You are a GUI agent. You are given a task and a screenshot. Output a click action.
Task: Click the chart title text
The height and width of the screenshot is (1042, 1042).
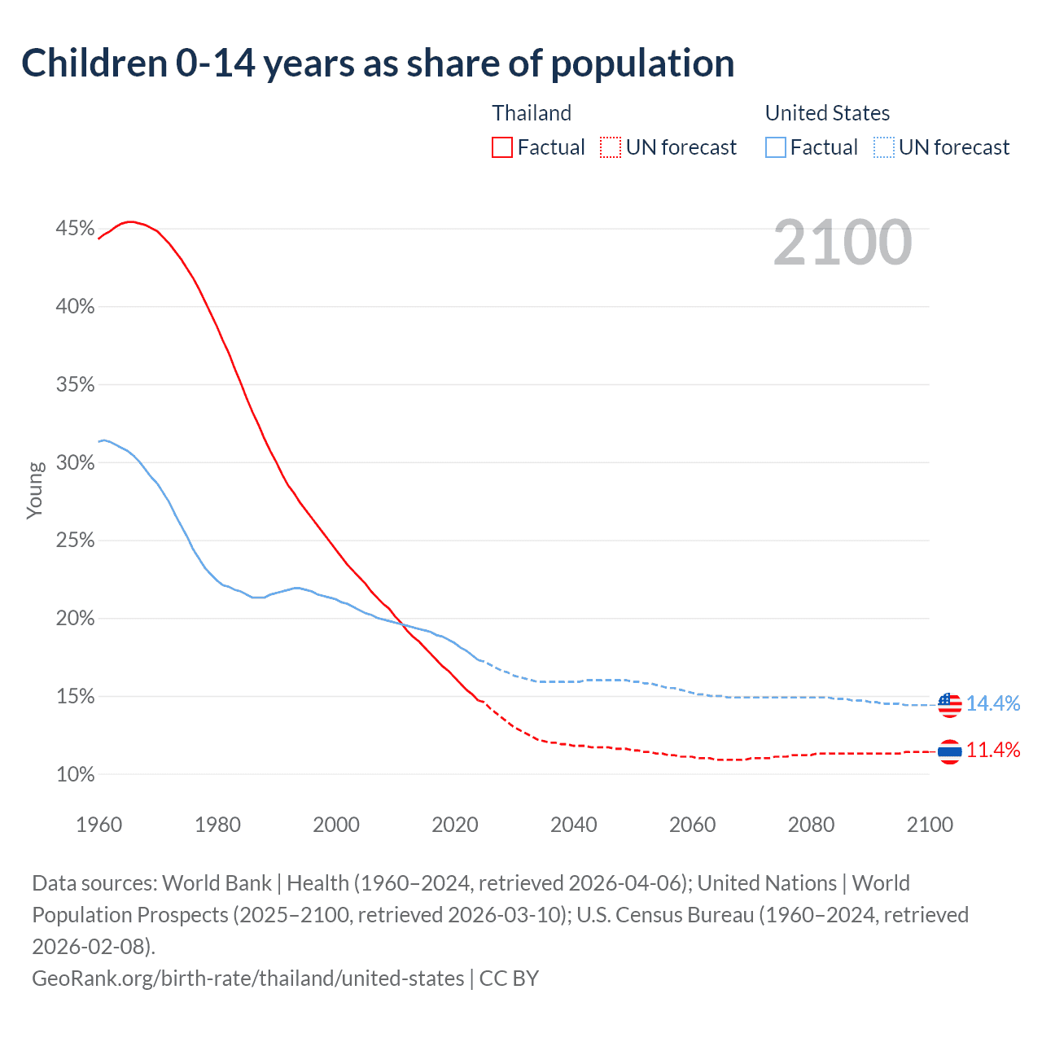378,63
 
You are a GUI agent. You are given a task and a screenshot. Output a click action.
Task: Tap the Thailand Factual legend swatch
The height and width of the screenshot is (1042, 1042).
502,147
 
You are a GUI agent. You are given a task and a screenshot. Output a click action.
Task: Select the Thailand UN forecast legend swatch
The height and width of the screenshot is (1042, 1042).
610,147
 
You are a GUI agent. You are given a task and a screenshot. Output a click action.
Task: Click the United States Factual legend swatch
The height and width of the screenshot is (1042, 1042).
776,147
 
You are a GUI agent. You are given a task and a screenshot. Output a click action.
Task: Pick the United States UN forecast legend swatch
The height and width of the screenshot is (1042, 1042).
883,147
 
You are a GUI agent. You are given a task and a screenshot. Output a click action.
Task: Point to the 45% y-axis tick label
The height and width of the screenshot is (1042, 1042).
75,229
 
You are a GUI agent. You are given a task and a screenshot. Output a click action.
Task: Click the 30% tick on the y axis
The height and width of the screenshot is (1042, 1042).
75,462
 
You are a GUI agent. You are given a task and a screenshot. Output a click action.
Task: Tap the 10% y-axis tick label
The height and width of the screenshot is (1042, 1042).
75,774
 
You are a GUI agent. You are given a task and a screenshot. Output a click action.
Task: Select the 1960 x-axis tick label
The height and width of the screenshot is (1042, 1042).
99,825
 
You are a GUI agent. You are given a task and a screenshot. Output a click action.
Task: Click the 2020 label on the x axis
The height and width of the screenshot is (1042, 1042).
455,825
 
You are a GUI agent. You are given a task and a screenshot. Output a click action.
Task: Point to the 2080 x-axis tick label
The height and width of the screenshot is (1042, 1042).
811,825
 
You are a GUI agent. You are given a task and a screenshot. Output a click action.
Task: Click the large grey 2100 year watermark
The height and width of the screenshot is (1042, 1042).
842,243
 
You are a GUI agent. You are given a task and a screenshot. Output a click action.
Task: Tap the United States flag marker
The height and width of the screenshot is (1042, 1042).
949,704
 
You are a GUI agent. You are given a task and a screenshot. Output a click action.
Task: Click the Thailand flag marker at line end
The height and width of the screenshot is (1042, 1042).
949,751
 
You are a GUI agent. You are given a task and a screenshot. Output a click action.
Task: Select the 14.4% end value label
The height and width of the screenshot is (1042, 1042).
993,704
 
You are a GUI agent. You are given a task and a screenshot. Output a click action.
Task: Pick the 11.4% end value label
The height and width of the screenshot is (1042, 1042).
993,751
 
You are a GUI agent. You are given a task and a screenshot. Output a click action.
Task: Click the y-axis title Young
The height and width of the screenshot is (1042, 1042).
35,490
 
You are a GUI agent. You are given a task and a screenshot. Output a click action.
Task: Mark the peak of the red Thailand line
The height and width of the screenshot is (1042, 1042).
129,221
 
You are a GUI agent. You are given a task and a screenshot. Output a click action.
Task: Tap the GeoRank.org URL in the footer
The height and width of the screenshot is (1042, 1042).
247,978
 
